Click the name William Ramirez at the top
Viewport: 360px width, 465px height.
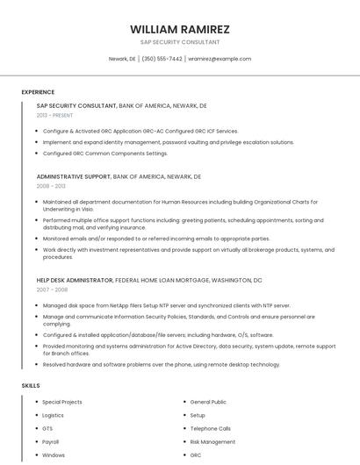[x=180, y=29]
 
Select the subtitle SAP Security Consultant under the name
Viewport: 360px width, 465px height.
[x=180, y=41]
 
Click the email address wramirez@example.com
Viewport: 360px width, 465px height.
[x=220, y=59]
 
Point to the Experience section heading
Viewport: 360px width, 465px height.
[x=38, y=92]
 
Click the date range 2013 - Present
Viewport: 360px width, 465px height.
[x=54, y=115]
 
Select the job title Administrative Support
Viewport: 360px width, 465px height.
[x=73, y=176]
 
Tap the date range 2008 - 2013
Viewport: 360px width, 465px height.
[x=51, y=186]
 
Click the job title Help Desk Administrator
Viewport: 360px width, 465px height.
[x=75, y=280]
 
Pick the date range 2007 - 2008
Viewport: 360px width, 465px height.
[x=51, y=290]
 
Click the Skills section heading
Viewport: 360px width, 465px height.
[x=31, y=386]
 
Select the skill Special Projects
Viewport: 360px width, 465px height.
[x=62, y=402]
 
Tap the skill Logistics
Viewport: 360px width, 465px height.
[x=54, y=415]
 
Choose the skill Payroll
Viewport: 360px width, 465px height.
[x=51, y=442]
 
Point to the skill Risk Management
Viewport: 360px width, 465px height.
[x=212, y=442]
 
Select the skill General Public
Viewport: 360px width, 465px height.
[x=208, y=402]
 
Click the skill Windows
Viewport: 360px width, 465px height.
[x=54, y=455]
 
